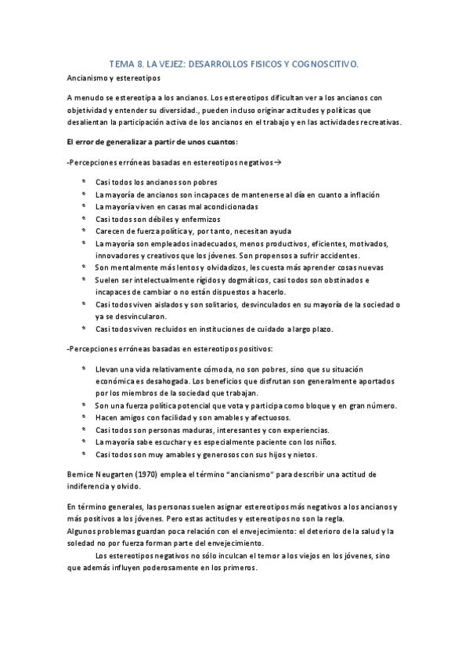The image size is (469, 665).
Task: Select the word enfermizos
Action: click(198, 219)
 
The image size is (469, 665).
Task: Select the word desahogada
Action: click(181, 380)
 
